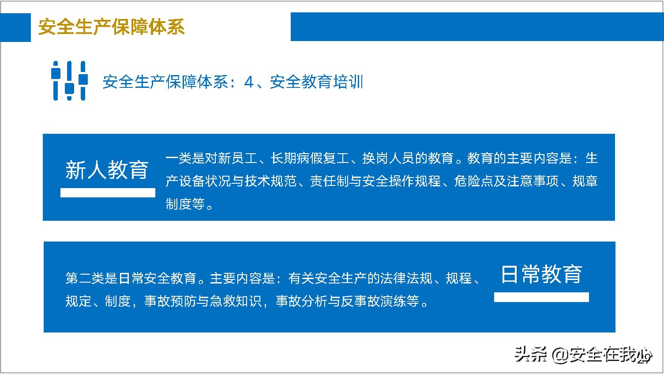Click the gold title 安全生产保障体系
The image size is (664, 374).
tap(111, 27)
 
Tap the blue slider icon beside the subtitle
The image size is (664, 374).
tap(69, 81)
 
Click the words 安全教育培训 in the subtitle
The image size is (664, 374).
tap(316, 82)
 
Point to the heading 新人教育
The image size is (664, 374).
tap(107, 170)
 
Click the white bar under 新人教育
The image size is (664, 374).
tap(108, 193)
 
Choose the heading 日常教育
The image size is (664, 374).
tap(541, 274)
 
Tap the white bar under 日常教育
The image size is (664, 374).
tap(541, 297)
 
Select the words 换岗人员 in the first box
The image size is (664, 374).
tap(388, 158)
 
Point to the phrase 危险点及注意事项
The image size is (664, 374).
tap(506, 181)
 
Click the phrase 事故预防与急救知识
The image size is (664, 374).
tap(203, 301)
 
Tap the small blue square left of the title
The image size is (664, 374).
tap(15, 27)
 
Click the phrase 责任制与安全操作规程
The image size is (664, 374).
tap(375, 181)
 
